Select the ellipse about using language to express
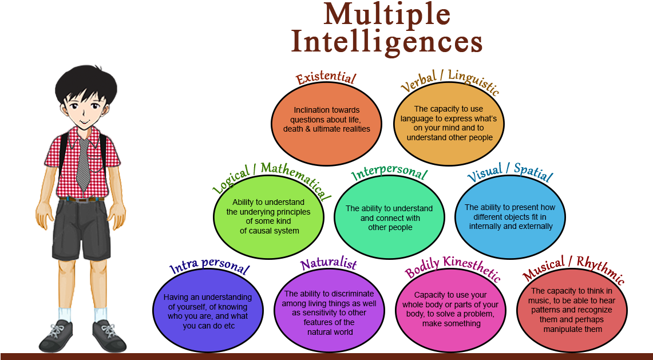click(449, 123)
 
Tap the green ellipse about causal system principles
click(268, 216)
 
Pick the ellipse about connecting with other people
click(389, 217)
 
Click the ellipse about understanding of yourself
click(208, 311)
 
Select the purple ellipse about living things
click(329, 312)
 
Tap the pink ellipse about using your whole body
click(450, 310)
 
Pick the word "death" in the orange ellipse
click(295, 129)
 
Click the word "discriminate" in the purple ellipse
click(351, 294)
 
